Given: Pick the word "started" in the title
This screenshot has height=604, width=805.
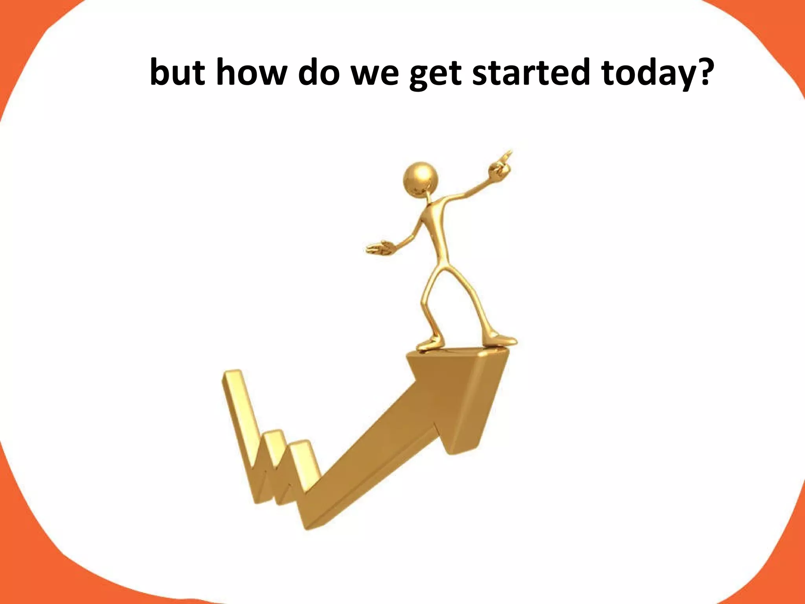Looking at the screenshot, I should (531, 73).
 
